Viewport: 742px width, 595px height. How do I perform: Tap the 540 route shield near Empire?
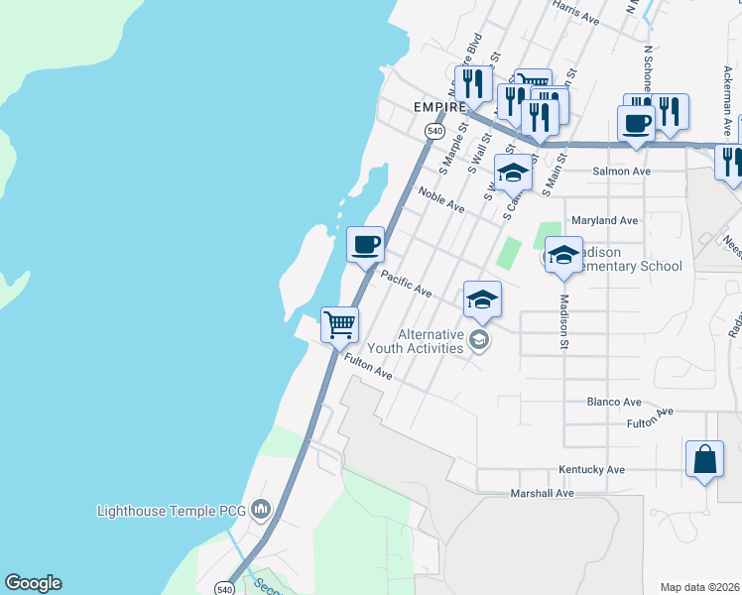[x=434, y=131]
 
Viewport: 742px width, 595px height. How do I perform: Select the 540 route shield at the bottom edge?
[x=226, y=589]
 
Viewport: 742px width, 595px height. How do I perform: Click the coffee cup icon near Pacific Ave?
[x=365, y=243]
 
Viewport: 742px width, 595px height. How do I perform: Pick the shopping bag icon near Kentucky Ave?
[x=704, y=460]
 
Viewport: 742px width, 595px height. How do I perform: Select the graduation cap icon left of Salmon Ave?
[x=512, y=173]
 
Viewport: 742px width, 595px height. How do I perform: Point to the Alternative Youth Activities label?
[x=430, y=341]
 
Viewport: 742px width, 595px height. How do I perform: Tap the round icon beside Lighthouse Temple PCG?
[x=261, y=511]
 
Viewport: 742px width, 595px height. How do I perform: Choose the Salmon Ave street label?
[x=621, y=172]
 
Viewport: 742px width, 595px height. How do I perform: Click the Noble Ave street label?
[x=441, y=200]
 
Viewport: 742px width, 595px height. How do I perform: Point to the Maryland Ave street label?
[x=604, y=220]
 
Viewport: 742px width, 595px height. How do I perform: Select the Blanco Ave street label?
[x=613, y=402]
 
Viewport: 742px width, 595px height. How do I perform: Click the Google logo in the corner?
[x=33, y=583]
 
